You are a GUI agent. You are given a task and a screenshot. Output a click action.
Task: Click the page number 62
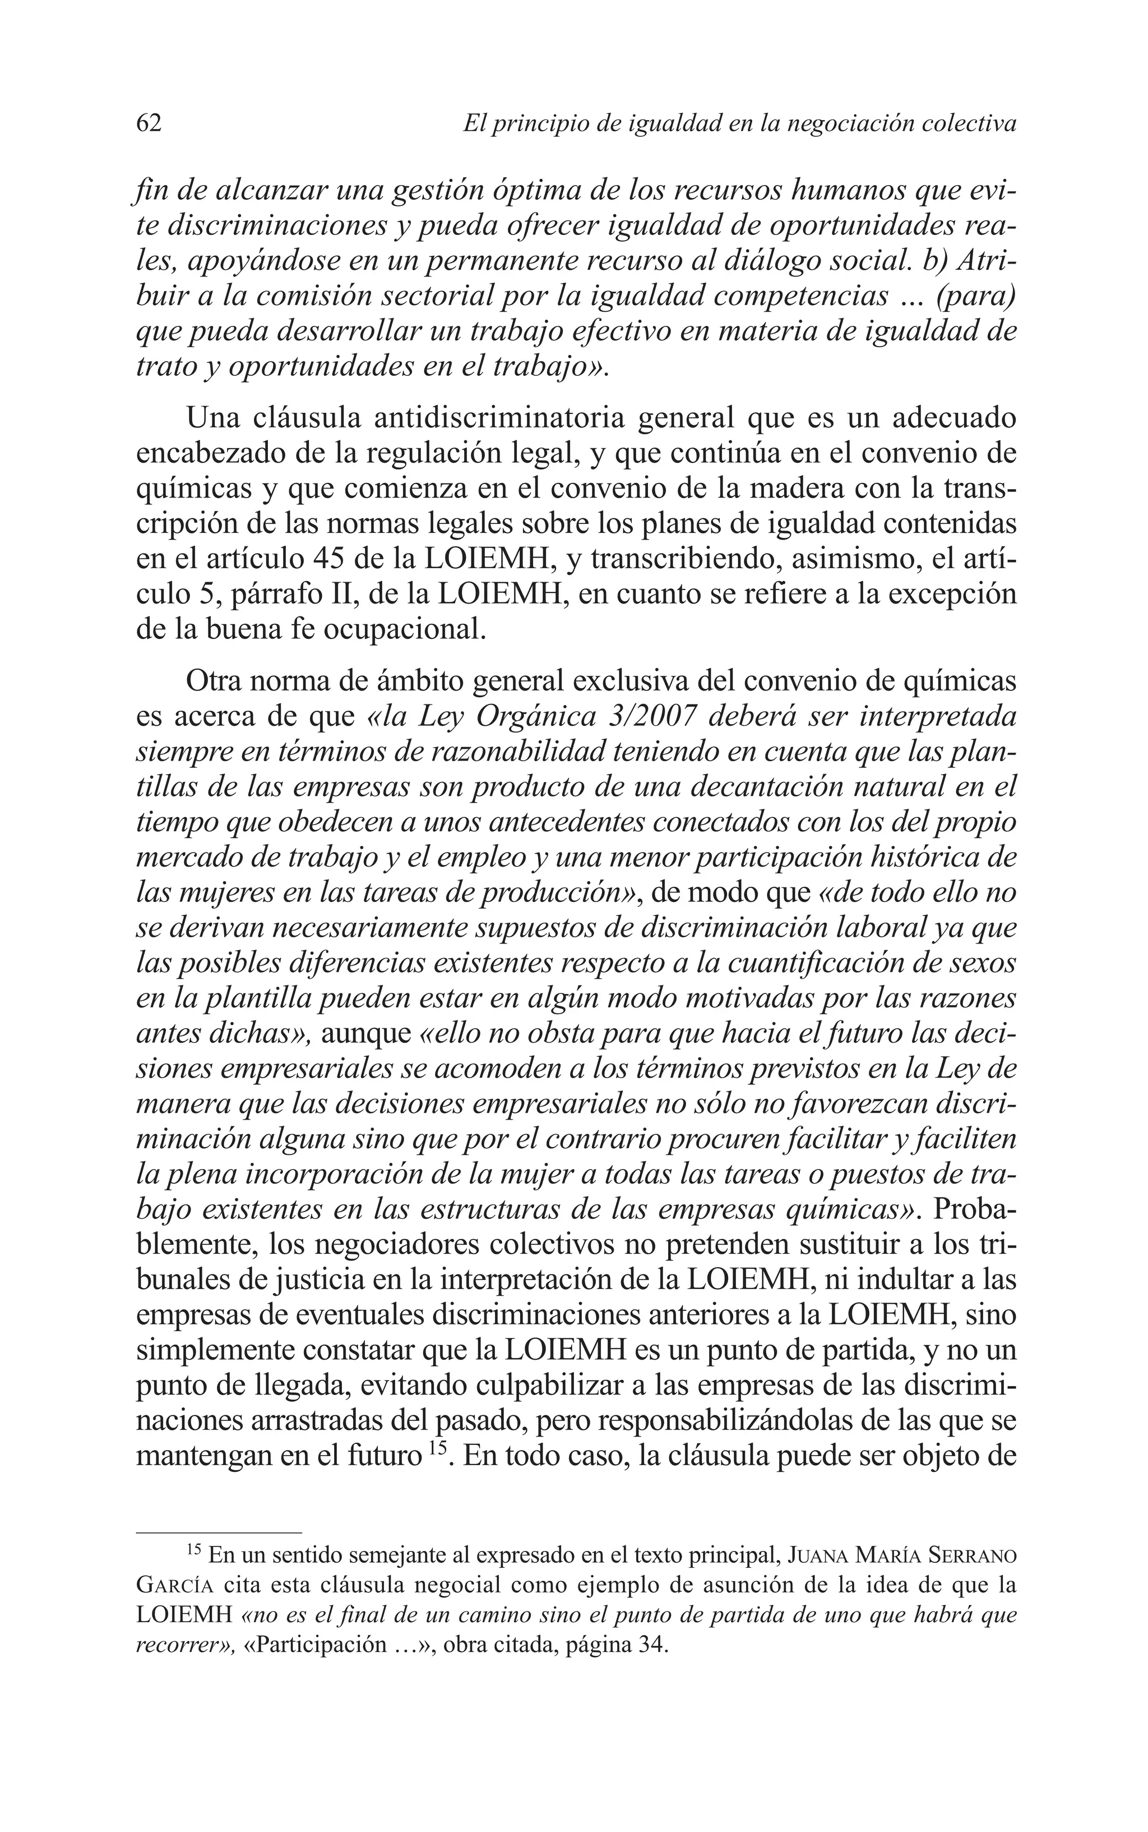click(x=149, y=123)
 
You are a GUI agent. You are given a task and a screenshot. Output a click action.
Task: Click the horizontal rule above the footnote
click(x=219, y=1532)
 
